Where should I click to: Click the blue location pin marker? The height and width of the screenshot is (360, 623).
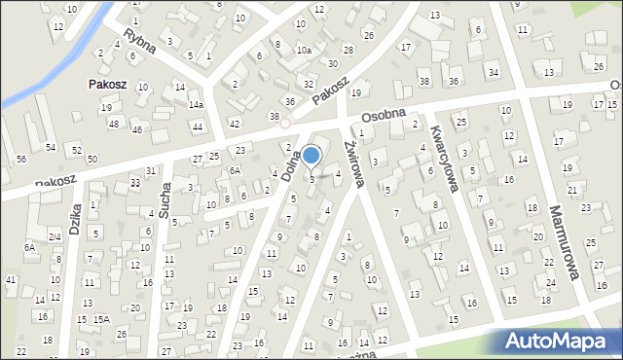point(311,155)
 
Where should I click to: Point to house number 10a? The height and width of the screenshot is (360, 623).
point(305,50)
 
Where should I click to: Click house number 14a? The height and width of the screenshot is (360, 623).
point(196,104)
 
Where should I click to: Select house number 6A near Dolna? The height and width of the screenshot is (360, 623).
point(235,170)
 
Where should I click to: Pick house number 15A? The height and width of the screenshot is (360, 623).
point(101,319)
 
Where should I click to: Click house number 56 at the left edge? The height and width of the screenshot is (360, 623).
point(21,159)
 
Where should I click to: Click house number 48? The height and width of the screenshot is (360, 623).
point(114,124)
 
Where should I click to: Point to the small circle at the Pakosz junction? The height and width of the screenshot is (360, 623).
point(284,124)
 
